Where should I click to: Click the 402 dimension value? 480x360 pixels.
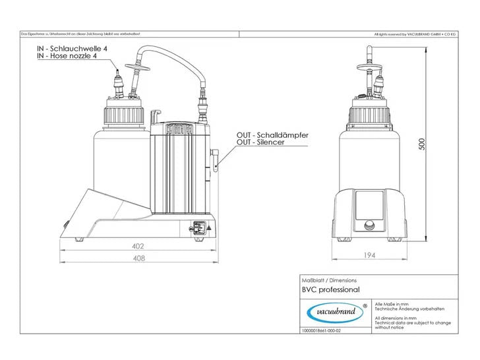click(x=138, y=246)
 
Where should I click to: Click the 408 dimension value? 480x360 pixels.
click(x=138, y=258)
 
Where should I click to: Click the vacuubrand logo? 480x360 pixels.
click(x=334, y=311)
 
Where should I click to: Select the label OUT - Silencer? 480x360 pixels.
click(x=260, y=142)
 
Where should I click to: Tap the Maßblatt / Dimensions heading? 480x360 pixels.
click(x=320, y=280)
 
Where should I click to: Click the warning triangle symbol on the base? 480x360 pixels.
click(x=209, y=229)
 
